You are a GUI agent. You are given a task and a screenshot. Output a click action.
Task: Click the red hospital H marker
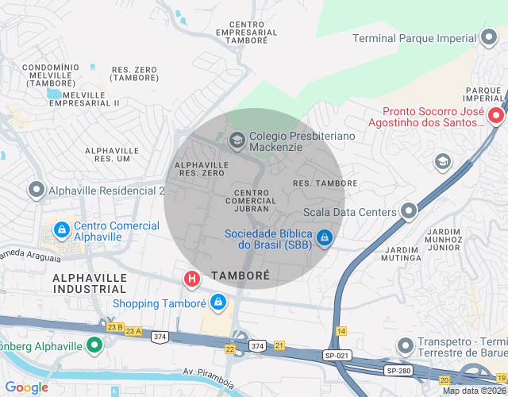pos(191,279)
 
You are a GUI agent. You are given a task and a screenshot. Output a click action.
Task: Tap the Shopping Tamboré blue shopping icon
pos(218,303)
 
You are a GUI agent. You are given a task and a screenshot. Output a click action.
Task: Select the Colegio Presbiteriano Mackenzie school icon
pos(237,141)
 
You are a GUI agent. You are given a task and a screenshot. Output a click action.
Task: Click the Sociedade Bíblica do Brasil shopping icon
pos(324,238)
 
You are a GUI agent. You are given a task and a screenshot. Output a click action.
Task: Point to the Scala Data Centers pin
pos(408,211)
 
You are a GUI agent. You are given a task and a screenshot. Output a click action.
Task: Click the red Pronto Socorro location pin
pos(497,116)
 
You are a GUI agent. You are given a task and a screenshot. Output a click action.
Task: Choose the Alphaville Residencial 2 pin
pos(36,190)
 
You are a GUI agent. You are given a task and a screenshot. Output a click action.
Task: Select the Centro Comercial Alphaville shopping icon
pos(61,230)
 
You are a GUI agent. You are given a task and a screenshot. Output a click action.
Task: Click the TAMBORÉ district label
pos(241,276)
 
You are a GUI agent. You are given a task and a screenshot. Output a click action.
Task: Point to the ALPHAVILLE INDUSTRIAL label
pos(90,283)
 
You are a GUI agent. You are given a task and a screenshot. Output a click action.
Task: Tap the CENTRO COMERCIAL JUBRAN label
pos(251,200)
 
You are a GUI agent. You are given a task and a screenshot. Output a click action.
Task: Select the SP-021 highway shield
pos(336,356)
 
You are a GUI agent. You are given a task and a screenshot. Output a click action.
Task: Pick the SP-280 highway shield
pos(397,371)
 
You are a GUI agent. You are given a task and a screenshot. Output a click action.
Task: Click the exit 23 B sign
pos(115,326)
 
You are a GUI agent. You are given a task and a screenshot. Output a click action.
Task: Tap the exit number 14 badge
pos(341,330)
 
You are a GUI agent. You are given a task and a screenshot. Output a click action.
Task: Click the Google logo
pos(26,387)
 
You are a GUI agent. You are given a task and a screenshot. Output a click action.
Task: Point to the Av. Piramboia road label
pos(210,376)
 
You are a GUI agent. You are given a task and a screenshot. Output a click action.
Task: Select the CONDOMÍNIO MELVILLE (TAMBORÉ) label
pos(48,75)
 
